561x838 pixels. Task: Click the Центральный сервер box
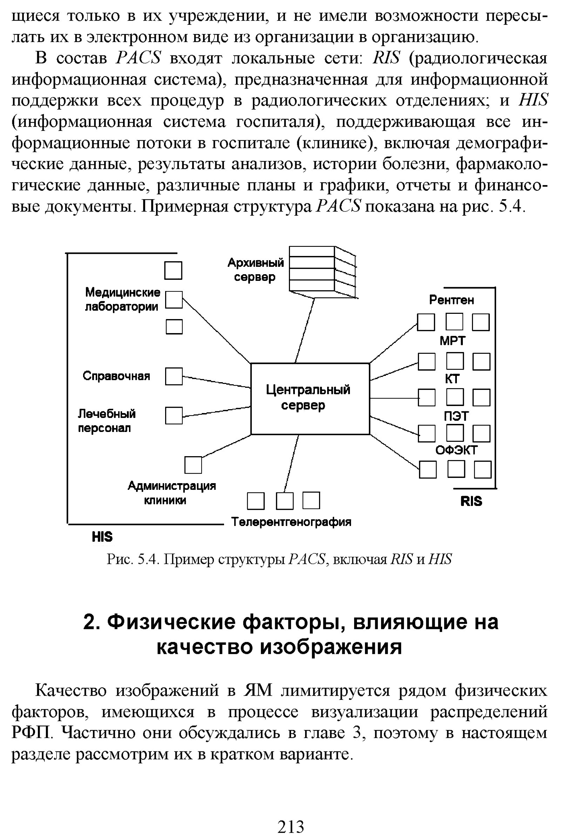pos(310,398)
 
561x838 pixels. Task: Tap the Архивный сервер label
pos(256,269)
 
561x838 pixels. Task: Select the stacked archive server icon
pos(322,271)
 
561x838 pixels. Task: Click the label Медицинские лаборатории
pos(122,299)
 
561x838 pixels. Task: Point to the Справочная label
pos(116,376)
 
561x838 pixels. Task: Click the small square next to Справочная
pos(174,376)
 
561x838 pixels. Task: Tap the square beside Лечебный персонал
pos(174,415)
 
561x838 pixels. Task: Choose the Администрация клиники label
pos(172,493)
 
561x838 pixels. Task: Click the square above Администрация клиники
pos(193,465)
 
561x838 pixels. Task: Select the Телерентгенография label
pos(291,522)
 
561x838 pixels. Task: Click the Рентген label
pos(452,300)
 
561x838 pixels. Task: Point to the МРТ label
pos(452,341)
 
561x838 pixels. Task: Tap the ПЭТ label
pos(456,416)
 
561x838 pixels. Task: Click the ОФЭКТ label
pos(456,450)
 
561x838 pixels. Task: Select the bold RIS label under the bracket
pos(471,501)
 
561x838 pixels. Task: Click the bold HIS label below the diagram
pos(102,537)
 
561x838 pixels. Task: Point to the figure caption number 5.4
pos(147,559)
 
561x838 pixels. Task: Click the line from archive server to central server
pos(304,331)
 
